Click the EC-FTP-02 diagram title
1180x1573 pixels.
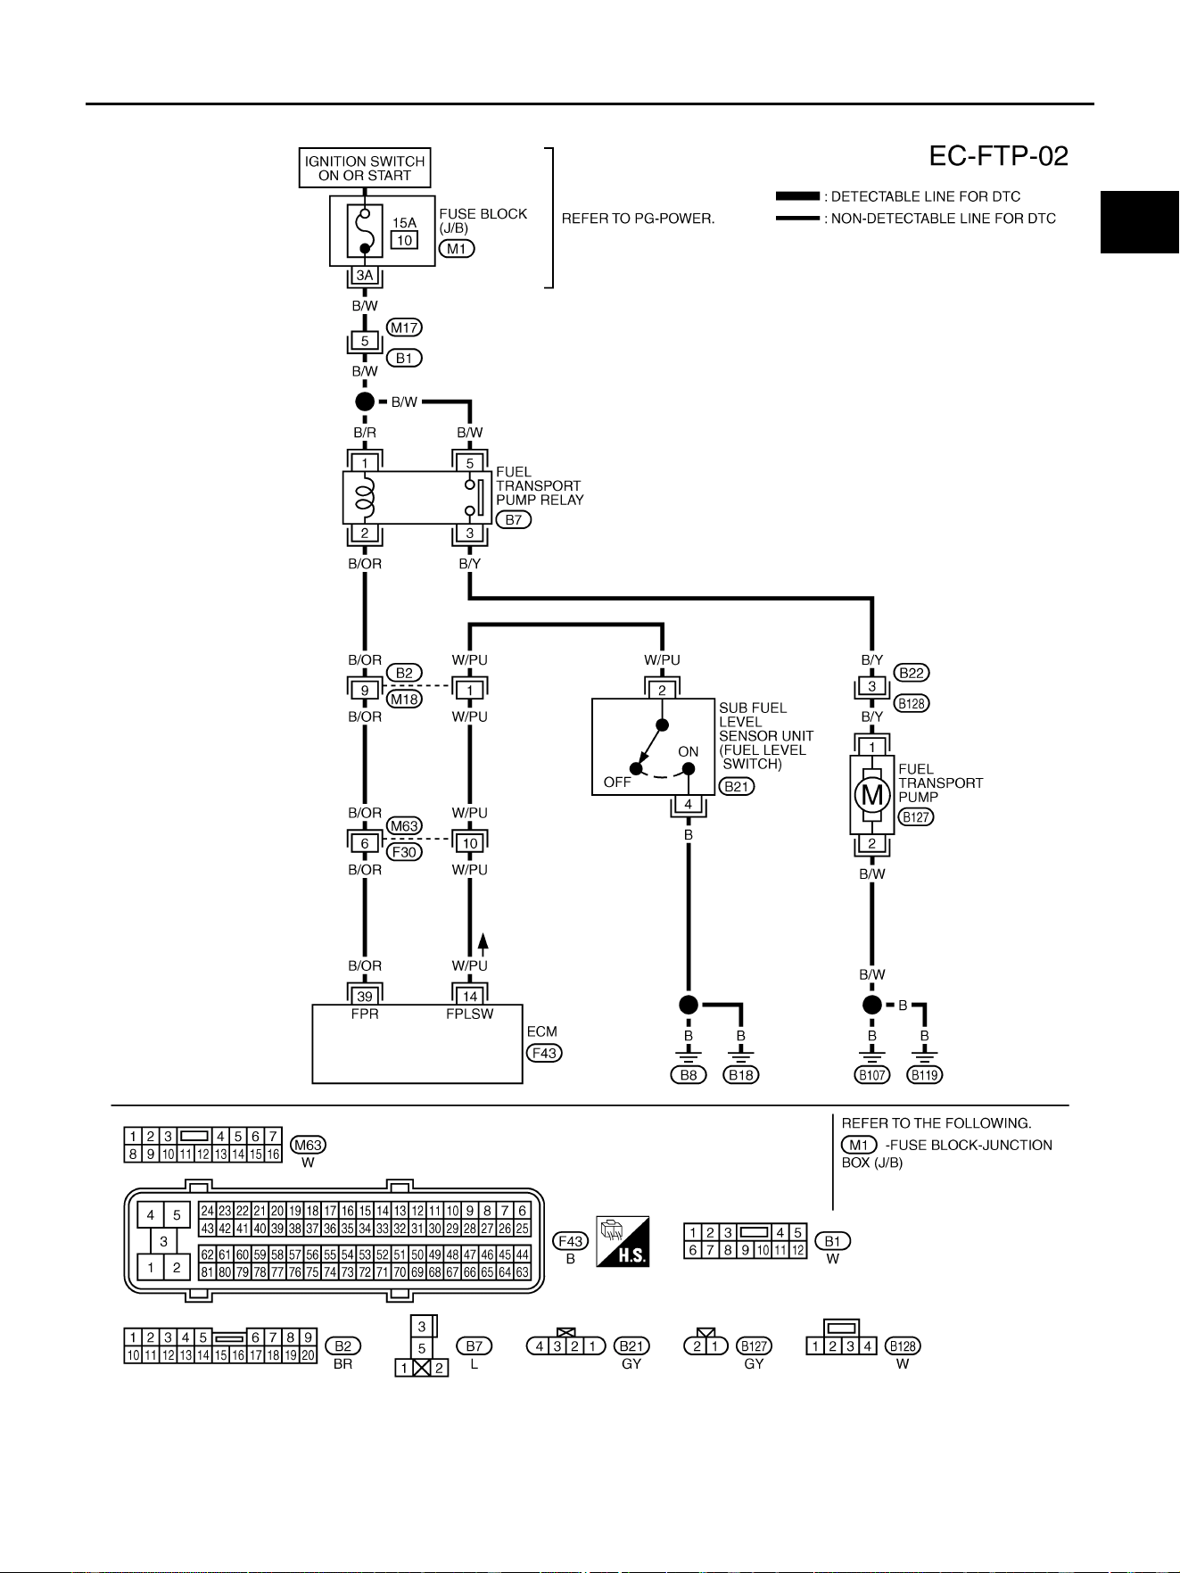point(998,156)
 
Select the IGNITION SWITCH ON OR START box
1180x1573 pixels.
point(365,168)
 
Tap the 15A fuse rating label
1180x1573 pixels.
point(404,223)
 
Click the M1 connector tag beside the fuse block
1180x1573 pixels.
point(457,249)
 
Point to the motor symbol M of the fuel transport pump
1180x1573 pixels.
point(872,795)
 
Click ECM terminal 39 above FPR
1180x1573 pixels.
point(365,996)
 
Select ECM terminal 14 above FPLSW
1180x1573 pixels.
point(470,996)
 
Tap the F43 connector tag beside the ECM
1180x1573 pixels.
point(544,1053)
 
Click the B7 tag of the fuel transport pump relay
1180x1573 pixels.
point(514,520)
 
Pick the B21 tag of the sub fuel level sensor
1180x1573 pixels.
point(737,786)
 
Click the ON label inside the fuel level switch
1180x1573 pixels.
point(689,752)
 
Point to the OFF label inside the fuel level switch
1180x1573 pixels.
point(617,782)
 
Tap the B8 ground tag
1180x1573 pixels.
point(689,1075)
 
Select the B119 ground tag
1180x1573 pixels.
point(925,1075)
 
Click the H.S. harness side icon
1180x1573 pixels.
point(623,1241)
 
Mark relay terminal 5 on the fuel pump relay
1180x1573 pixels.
point(470,463)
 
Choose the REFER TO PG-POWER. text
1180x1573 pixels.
point(638,219)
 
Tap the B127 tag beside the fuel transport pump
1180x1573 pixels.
point(916,816)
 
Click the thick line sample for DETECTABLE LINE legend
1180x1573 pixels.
point(797,196)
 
